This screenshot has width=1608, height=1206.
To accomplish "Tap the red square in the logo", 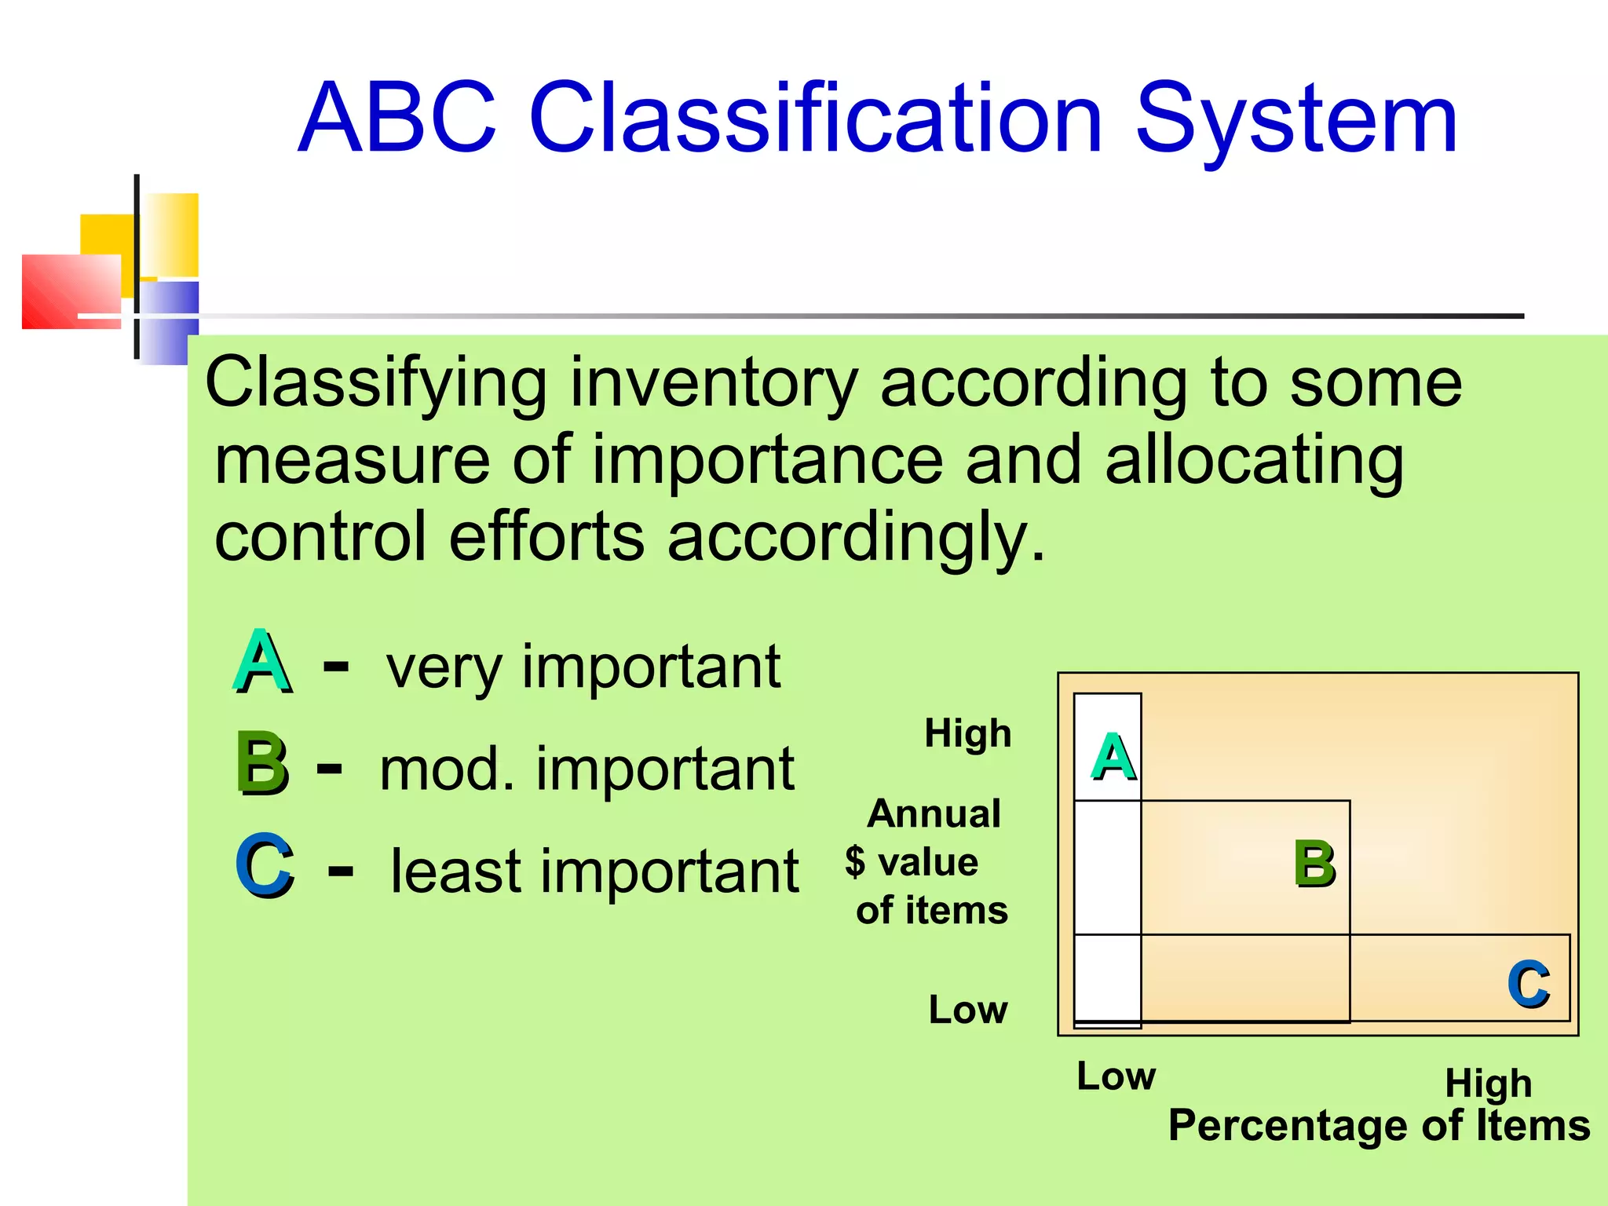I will (x=71, y=291).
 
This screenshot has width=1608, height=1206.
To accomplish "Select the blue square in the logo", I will (x=169, y=322).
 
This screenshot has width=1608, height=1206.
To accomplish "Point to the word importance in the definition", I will (x=767, y=460).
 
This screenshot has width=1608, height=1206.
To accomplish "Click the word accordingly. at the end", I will (x=856, y=538).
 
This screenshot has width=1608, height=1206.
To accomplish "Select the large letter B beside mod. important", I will (x=261, y=763).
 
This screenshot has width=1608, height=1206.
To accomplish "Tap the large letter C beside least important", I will (x=265, y=865).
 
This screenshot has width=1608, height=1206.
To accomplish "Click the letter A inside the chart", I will (x=1113, y=757).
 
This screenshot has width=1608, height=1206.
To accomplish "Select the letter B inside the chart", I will (x=1314, y=864).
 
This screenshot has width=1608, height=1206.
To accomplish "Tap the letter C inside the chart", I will (x=1528, y=983).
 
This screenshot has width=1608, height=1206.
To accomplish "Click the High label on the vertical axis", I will (x=967, y=733).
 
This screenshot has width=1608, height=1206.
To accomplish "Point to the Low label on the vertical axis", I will (x=967, y=1010).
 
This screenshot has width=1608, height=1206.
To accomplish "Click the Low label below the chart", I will (x=1116, y=1076).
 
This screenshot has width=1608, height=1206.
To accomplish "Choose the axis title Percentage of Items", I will (x=1379, y=1125).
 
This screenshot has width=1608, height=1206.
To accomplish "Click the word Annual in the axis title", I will (x=934, y=813).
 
